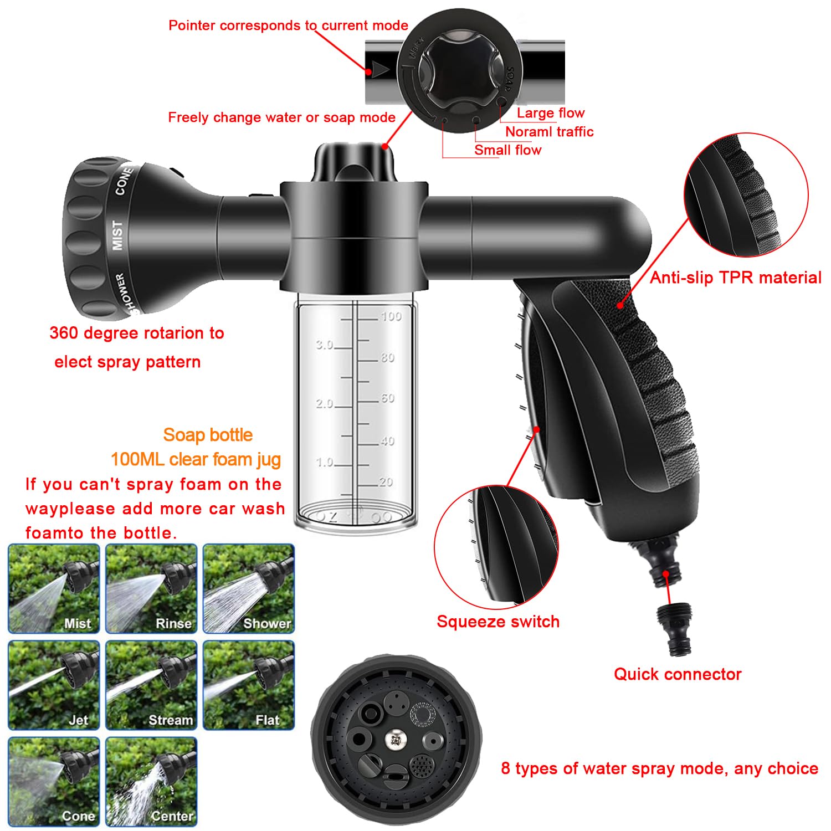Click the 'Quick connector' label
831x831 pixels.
click(x=677, y=674)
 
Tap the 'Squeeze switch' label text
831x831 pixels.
click(x=497, y=622)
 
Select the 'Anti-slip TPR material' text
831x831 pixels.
click(x=735, y=278)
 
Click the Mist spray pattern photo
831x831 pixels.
click(x=54, y=588)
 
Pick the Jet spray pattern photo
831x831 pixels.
click(x=54, y=685)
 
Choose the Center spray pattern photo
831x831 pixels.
click(x=151, y=781)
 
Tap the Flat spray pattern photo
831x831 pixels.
click(x=248, y=685)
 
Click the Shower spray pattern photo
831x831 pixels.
click(x=248, y=588)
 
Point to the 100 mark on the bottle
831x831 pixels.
click(x=391, y=316)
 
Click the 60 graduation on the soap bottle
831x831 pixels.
click(x=387, y=398)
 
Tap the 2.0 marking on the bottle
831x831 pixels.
click(x=325, y=404)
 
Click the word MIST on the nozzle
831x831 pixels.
click(x=117, y=235)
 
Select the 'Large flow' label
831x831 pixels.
click(x=550, y=113)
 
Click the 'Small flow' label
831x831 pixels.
click(x=507, y=150)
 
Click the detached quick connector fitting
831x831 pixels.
click(x=674, y=629)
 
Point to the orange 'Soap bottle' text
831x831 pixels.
click(x=208, y=435)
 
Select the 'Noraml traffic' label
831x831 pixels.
click(x=549, y=132)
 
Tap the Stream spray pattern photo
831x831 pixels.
click(x=151, y=685)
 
